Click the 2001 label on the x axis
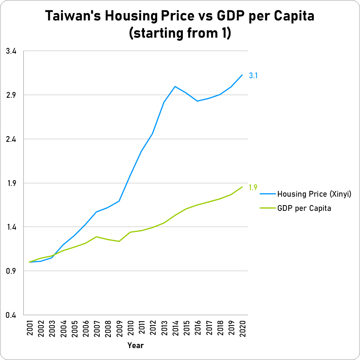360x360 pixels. click(30, 328)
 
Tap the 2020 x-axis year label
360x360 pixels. click(242, 328)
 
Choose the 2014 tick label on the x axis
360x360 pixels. click(175, 328)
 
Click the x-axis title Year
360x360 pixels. click(135, 345)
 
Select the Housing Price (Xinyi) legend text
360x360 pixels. click(314, 194)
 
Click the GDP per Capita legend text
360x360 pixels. click(304, 208)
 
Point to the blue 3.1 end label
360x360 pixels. click(253, 76)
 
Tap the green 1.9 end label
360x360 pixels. click(253, 187)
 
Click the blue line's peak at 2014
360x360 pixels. click(175, 86)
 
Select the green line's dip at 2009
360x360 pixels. click(119, 241)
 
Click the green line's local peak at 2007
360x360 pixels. click(97, 237)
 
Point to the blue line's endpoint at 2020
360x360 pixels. click(242, 75)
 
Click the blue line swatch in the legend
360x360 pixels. click(268, 194)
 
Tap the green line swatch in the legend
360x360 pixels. click(268, 208)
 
